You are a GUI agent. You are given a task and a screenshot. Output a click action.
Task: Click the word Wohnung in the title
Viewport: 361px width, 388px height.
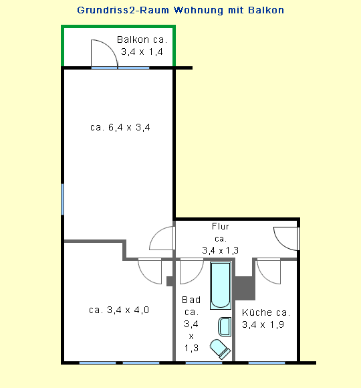pos(199,11)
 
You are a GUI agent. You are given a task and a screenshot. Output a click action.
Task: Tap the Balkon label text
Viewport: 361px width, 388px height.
pos(133,39)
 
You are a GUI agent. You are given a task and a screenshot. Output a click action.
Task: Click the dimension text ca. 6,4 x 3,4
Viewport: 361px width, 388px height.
pos(120,127)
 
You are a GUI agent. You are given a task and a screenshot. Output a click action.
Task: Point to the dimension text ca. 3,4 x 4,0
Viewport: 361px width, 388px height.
pos(119,310)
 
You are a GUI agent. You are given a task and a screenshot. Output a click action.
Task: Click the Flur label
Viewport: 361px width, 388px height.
pos(221,226)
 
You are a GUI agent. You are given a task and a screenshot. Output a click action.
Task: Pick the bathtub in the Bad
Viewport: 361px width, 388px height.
pos(221,286)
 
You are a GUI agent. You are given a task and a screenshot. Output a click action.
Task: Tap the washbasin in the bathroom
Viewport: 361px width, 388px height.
pos(225,326)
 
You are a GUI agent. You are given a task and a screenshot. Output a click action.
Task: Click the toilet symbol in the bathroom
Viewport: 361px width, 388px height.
pos(220,349)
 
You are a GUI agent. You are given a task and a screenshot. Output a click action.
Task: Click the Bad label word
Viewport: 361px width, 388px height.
pos(191,300)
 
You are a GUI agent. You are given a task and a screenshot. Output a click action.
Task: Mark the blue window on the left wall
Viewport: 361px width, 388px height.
pos(63,199)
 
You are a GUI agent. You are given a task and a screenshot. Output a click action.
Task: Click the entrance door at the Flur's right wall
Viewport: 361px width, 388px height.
pos(286,238)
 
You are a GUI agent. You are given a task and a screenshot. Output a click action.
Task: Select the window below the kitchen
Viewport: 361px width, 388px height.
pos(267,363)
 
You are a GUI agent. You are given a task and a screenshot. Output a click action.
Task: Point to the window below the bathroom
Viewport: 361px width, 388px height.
pos(204,363)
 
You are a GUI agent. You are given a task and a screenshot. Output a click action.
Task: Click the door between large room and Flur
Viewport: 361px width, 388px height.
pos(162,238)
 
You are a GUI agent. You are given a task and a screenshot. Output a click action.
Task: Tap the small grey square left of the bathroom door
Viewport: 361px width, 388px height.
pos(170,282)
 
